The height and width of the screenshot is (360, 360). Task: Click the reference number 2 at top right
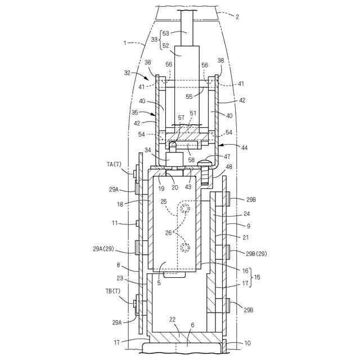coord(237,16)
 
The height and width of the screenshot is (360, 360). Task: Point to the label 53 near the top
coord(166,33)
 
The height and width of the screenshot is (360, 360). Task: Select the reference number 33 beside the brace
coord(155,39)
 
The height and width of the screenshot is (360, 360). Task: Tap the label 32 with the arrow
coord(127,73)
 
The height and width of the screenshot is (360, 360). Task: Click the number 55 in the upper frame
coord(189,96)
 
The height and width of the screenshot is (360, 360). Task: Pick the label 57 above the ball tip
coord(181,118)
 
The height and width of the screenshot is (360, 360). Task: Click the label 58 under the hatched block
coord(191,160)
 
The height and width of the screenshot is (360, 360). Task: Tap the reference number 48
coord(229,166)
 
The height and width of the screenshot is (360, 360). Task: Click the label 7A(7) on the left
coord(114,164)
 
